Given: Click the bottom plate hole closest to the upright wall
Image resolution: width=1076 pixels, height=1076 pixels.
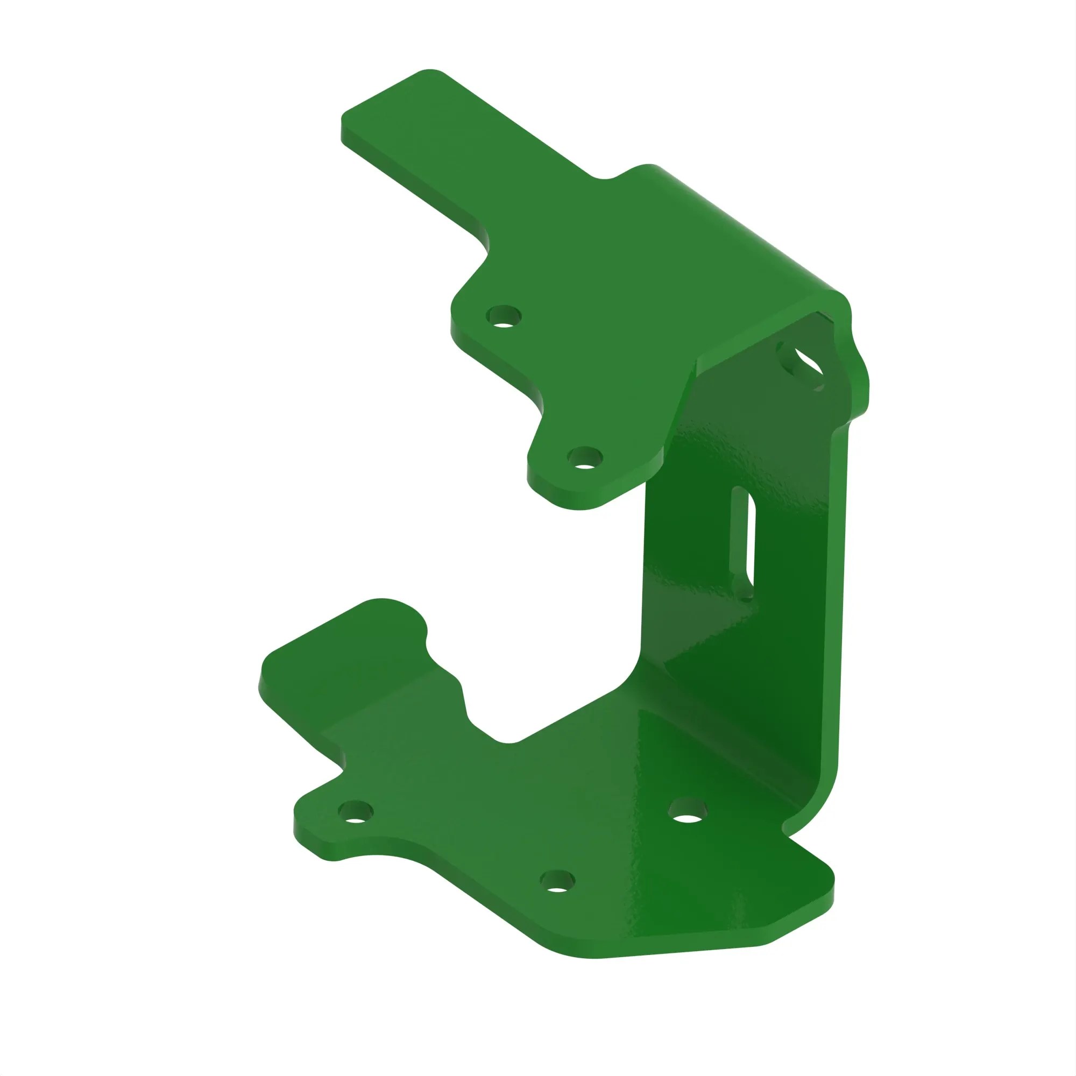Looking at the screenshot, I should click(x=686, y=811).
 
